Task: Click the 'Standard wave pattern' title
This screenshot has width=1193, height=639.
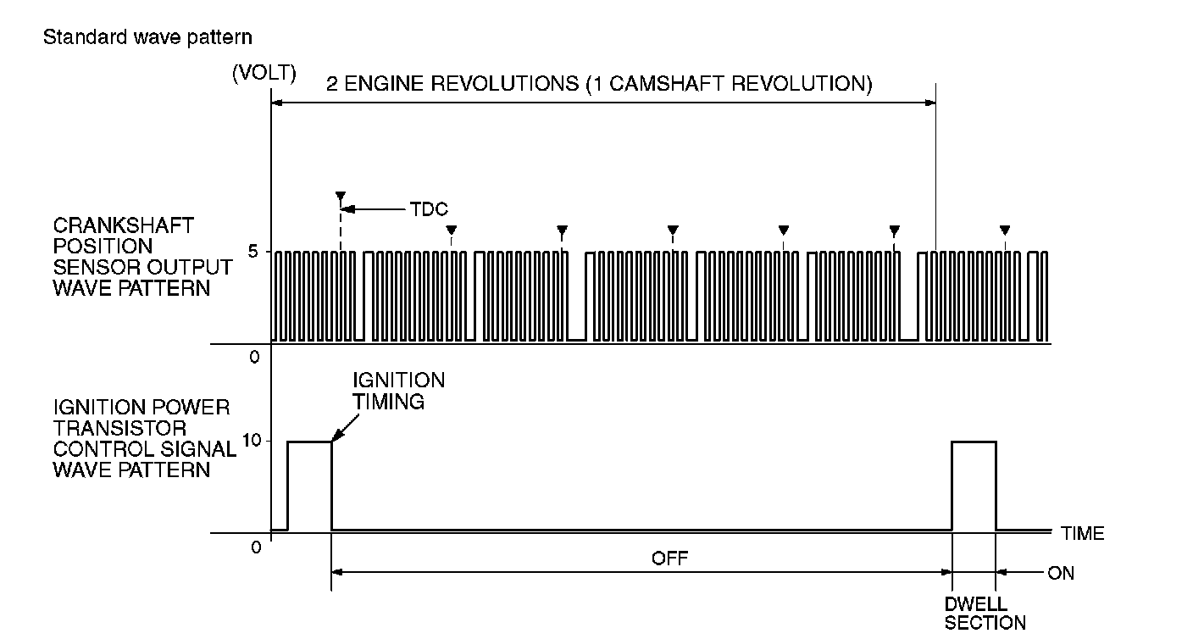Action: pyautogui.click(x=147, y=37)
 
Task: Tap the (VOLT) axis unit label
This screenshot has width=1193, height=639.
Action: pyautogui.click(x=264, y=73)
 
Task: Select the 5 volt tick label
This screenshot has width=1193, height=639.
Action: pyautogui.click(x=253, y=252)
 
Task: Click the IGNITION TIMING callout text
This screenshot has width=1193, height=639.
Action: pyautogui.click(x=398, y=390)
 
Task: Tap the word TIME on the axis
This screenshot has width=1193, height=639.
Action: pyautogui.click(x=1082, y=533)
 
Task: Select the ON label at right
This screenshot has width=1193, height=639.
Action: pyautogui.click(x=1060, y=574)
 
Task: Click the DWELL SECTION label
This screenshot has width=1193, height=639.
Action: pyautogui.click(x=985, y=614)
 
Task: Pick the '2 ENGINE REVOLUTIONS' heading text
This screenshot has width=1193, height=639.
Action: pyautogui.click(x=599, y=85)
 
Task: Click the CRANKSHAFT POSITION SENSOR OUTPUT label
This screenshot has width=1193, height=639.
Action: pyautogui.click(x=142, y=257)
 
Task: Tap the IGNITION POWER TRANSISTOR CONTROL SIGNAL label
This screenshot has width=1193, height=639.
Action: pyautogui.click(x=141, y=438)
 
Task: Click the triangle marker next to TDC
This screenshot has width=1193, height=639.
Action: pyautogui.click(x=341, y=196)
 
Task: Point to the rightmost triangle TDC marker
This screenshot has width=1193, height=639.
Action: pyautogui.click(x=1005, y=230)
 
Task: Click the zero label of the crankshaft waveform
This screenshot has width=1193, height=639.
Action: pyautogui.click(x=254, y=357)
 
